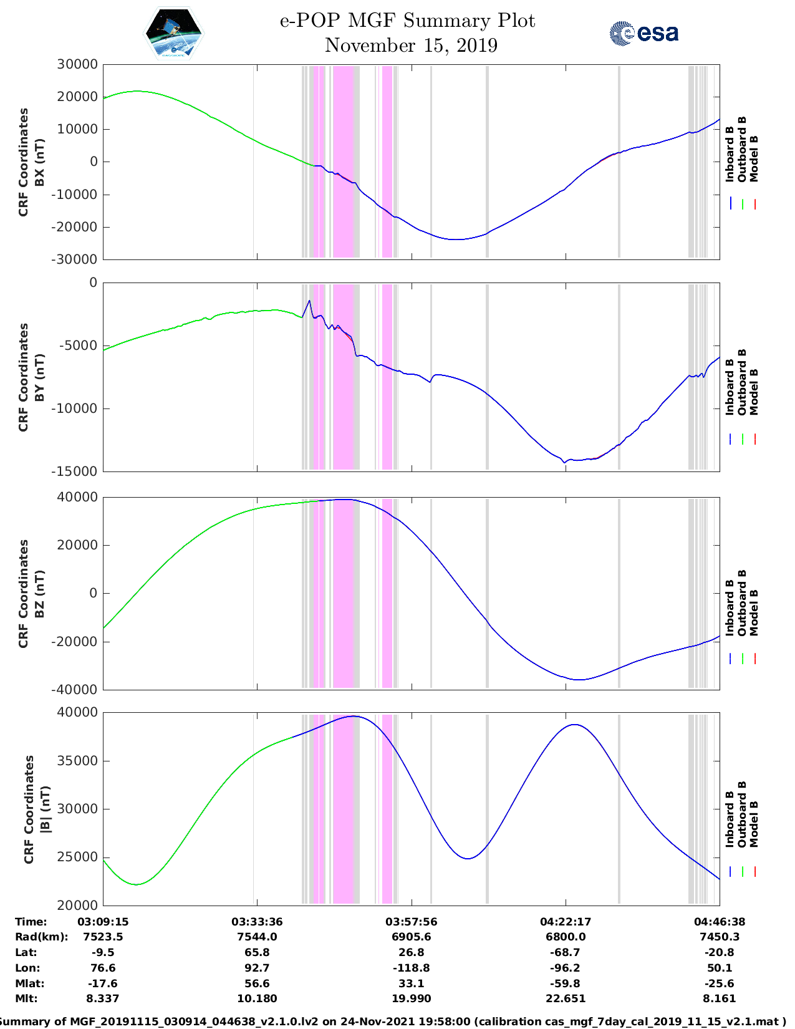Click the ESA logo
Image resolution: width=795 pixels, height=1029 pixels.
point(643,33)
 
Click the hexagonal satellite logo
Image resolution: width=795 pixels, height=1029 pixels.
point(173,34)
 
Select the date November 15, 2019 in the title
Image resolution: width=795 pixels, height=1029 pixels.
point(411,46)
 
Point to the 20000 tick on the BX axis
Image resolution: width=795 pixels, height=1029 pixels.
point(77,97)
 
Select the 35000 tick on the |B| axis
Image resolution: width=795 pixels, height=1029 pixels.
point(77,761)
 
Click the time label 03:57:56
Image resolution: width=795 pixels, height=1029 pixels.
point(411,922)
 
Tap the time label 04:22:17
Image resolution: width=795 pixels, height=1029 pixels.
point(566,922)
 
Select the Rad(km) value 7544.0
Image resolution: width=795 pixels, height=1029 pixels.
point(257,937)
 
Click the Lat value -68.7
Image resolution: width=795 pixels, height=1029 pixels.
point(566,952)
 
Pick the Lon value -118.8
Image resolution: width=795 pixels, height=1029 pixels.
point(411,968)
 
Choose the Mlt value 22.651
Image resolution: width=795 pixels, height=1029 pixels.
point(566,998)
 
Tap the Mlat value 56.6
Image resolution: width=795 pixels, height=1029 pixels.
point(257,983)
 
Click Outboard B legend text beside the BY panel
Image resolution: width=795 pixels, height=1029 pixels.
point(741,382)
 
